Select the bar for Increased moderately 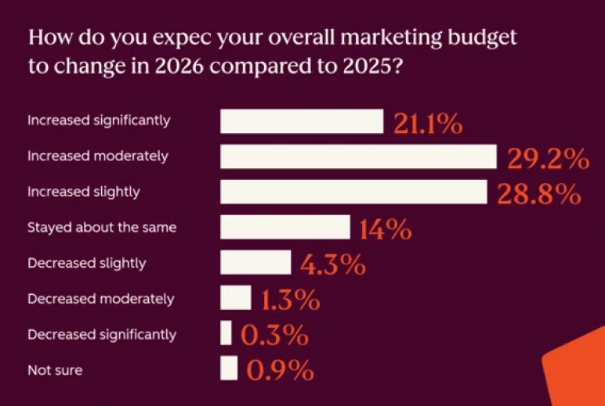click(359, 156)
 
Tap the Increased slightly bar click(354, 192)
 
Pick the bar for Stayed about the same click(285, 227)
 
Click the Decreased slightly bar click(256, 262)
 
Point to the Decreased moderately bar click(236, 297)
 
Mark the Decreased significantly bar click(226, 333)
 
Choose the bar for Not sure click(229, 368)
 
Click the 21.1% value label click(428, 123)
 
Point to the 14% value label click(385, 229)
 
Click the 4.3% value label click(333, 264)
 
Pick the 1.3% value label click(291, 300)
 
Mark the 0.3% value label click(274, 335)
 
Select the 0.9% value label click(281, 370)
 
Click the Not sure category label click(55, 369)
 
